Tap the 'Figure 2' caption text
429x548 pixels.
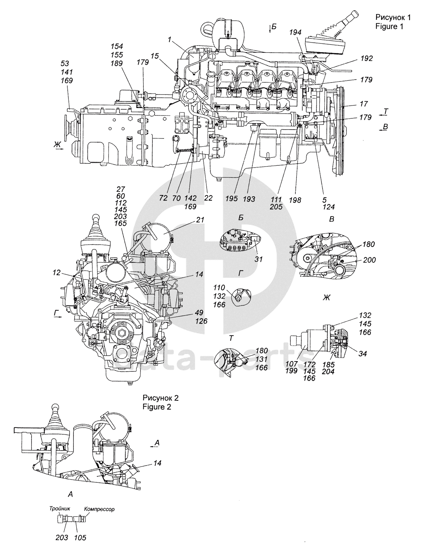point(157,407)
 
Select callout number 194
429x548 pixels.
point(295,32)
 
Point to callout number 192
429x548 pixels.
point(366,58)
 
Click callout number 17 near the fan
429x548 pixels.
point(364,104)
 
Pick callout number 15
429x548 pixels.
point(155,56)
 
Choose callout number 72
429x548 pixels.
point(163,198)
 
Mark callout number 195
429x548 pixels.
point(232,199)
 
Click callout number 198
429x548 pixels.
point(295,200)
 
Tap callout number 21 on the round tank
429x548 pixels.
point(200,220)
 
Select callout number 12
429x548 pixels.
point(57,273)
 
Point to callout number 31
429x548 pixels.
point(258,259)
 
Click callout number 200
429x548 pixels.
point(370,260)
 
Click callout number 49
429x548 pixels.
point(199,313)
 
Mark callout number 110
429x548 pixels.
point(219,287)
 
